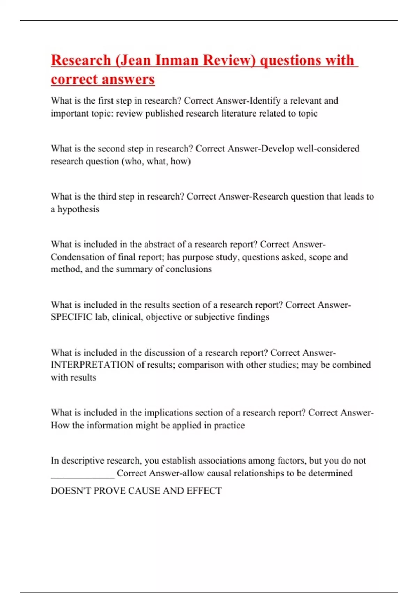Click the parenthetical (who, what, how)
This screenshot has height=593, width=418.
(x=156, y=161)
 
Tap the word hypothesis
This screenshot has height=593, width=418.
(x=78, y=209)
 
